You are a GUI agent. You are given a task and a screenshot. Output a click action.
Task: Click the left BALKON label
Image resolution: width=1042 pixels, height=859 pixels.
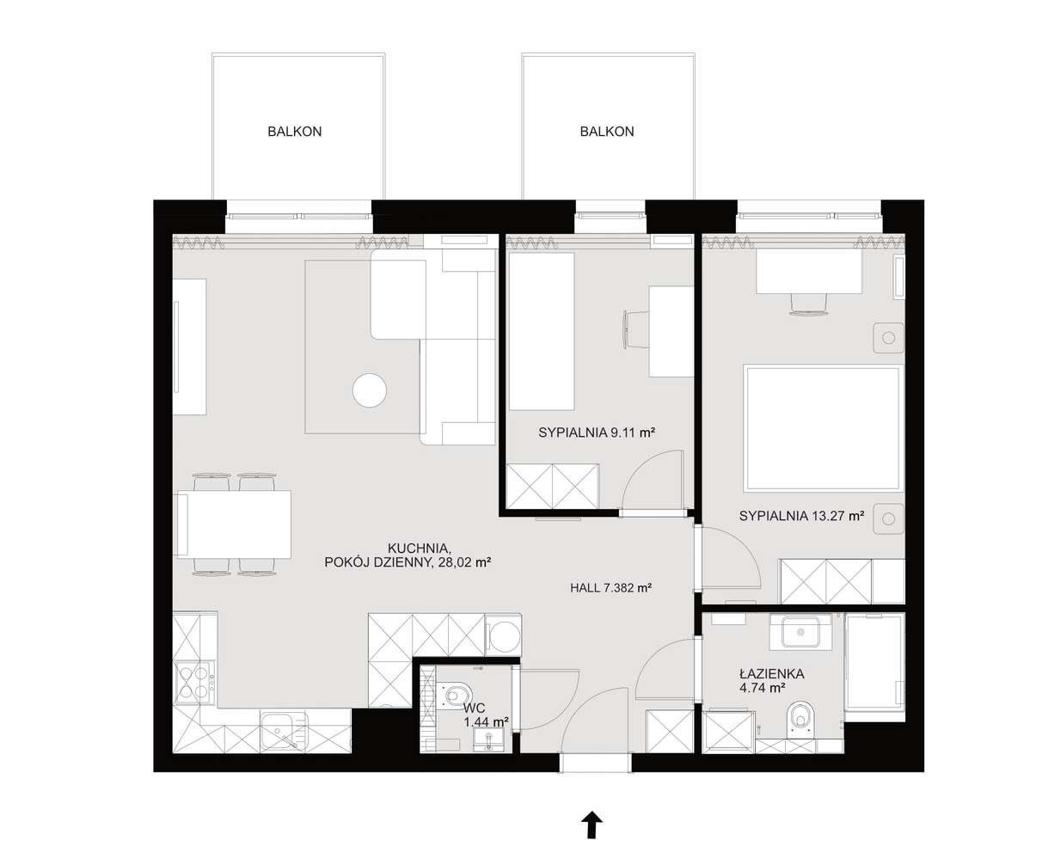coord(294,132)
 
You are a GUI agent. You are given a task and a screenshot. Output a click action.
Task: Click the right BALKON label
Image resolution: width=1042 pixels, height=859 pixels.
coord(607,132)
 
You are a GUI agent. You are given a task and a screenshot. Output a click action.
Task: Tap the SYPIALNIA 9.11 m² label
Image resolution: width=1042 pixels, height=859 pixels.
coord(597,433)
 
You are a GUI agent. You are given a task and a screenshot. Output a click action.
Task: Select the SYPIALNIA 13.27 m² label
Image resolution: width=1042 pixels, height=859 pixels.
coord(801,516)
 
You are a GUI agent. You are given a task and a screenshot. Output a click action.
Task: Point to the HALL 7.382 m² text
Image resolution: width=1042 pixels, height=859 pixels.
coord(610,588)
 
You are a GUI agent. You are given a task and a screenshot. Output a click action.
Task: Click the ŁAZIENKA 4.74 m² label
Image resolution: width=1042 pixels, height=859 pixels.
coord(771,681)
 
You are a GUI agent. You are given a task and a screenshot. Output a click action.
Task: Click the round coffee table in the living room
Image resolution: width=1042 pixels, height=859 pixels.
coord(370,390)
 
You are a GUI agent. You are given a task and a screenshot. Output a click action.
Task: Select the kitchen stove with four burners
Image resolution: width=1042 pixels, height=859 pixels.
coord(194,683)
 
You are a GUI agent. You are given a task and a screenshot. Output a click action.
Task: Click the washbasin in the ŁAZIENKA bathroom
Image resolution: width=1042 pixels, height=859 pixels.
coord(800,632)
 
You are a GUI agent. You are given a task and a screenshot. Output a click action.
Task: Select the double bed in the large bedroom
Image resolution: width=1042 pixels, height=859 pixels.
coord(824,428)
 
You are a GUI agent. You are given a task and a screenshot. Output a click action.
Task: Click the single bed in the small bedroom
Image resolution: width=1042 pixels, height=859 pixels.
coord(541,331)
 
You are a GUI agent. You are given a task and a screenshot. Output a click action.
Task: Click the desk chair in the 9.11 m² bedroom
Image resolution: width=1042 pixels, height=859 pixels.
coord(636,329)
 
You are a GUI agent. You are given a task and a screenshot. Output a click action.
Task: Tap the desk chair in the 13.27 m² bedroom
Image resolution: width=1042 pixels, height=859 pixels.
coord(809,304)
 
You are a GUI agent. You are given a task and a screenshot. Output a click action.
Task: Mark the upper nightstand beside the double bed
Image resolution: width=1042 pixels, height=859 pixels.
coord(889,338)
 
